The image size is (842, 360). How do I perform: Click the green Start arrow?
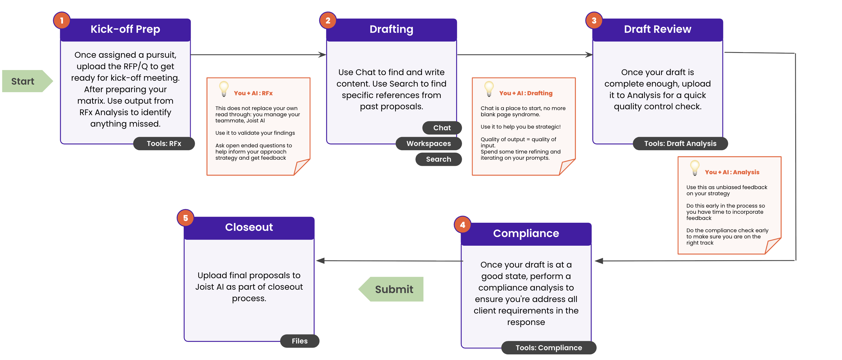(x=27, y=81)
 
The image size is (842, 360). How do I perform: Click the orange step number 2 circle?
(x=328, y=21)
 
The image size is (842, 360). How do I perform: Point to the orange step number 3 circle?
(x=594, y=21)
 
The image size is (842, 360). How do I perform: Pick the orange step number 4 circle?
(x=463, y=225)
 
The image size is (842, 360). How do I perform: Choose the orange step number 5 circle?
(x=185, y=218)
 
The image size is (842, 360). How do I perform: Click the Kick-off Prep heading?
(x=125, y=29)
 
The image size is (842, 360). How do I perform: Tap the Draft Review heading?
(x=658, y=29)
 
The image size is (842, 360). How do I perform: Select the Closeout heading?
(x=249, y=227)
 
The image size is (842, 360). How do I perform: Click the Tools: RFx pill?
(x=164, y=143)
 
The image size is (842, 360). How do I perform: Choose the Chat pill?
(x=442, y=128)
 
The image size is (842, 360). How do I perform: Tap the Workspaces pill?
(x=428, y=143)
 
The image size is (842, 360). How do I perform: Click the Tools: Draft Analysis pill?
(x=680, y=143)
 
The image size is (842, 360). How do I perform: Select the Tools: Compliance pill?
(x=549, y=348)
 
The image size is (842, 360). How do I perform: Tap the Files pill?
(x=300, y=341)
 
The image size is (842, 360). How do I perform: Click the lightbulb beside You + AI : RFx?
(x=224, y=89)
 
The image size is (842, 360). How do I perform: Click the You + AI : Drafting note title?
(x=526, y=93)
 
